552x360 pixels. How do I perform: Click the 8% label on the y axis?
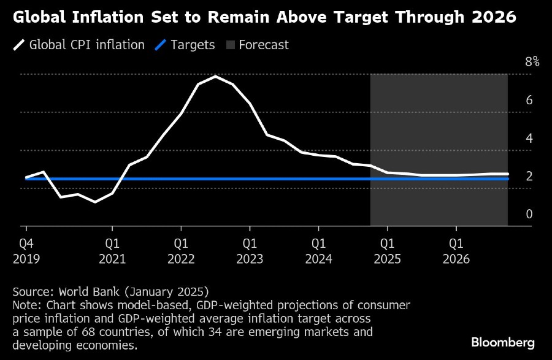532,61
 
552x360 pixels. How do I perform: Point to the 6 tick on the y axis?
529,100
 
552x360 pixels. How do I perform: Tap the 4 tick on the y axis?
529,138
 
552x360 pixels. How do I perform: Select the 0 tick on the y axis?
529,214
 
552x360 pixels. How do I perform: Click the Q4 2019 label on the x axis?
25,251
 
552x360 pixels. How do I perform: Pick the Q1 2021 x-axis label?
112,251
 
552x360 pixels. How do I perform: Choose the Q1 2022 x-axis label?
181,251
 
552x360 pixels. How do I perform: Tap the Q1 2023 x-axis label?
250,251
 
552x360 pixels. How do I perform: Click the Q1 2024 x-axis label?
318,251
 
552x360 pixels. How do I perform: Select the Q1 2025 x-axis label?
387,251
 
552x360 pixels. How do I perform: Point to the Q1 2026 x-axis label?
456,251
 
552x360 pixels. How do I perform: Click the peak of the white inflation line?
215,76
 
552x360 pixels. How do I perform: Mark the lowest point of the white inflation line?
95,202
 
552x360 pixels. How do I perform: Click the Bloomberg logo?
503,342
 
